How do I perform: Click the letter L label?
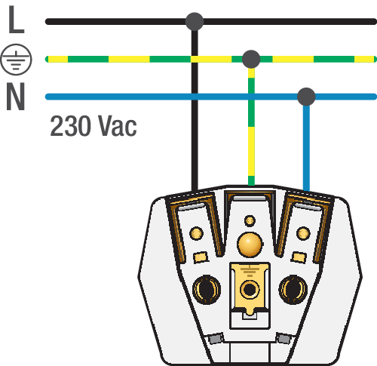pos(16,20)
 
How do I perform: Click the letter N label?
pos(15,97)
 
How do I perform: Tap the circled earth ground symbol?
pos(16,60)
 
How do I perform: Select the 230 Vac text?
pos(93,126)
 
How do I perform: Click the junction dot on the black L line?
pos(195,22)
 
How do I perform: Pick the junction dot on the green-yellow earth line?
pos(251,59)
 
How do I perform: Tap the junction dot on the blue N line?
pos(306,97)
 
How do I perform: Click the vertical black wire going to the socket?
pos(195,110)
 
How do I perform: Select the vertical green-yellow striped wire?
pos(251,127)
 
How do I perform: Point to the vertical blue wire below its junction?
pos(306,148)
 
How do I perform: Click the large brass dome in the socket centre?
pos(250,245)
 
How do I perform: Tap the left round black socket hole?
pos(207,289)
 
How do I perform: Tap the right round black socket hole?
pos(293,289)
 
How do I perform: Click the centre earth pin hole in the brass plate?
pos(250,289)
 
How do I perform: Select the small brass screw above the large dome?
pos(250,221)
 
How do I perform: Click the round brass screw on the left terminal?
pos(196,233)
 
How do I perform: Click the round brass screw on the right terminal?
pos(303,233)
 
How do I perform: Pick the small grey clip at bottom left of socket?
pos(216,339)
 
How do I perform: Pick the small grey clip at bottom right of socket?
pos(284,339)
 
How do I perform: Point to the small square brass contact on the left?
pos(201,257)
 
